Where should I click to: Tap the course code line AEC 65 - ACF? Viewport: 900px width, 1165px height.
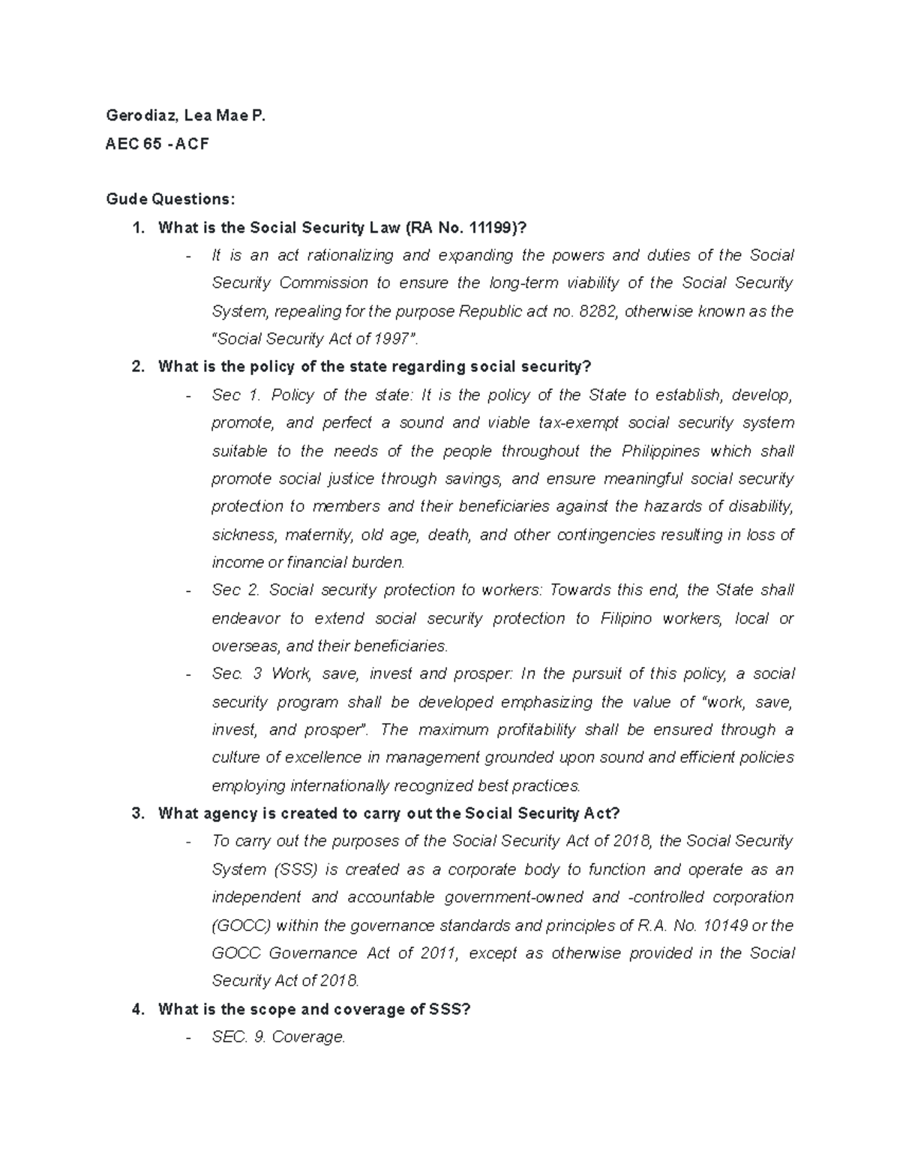157,144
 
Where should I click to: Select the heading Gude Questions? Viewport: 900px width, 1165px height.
170,200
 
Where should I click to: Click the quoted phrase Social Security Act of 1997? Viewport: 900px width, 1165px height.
315,339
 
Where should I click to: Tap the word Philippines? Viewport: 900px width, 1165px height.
661,452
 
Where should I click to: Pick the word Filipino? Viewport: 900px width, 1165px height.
627,619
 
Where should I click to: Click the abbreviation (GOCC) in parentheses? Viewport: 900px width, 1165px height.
241,926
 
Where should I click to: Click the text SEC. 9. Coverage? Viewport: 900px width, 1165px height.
278,1037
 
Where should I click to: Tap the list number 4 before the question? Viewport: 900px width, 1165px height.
136,1010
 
